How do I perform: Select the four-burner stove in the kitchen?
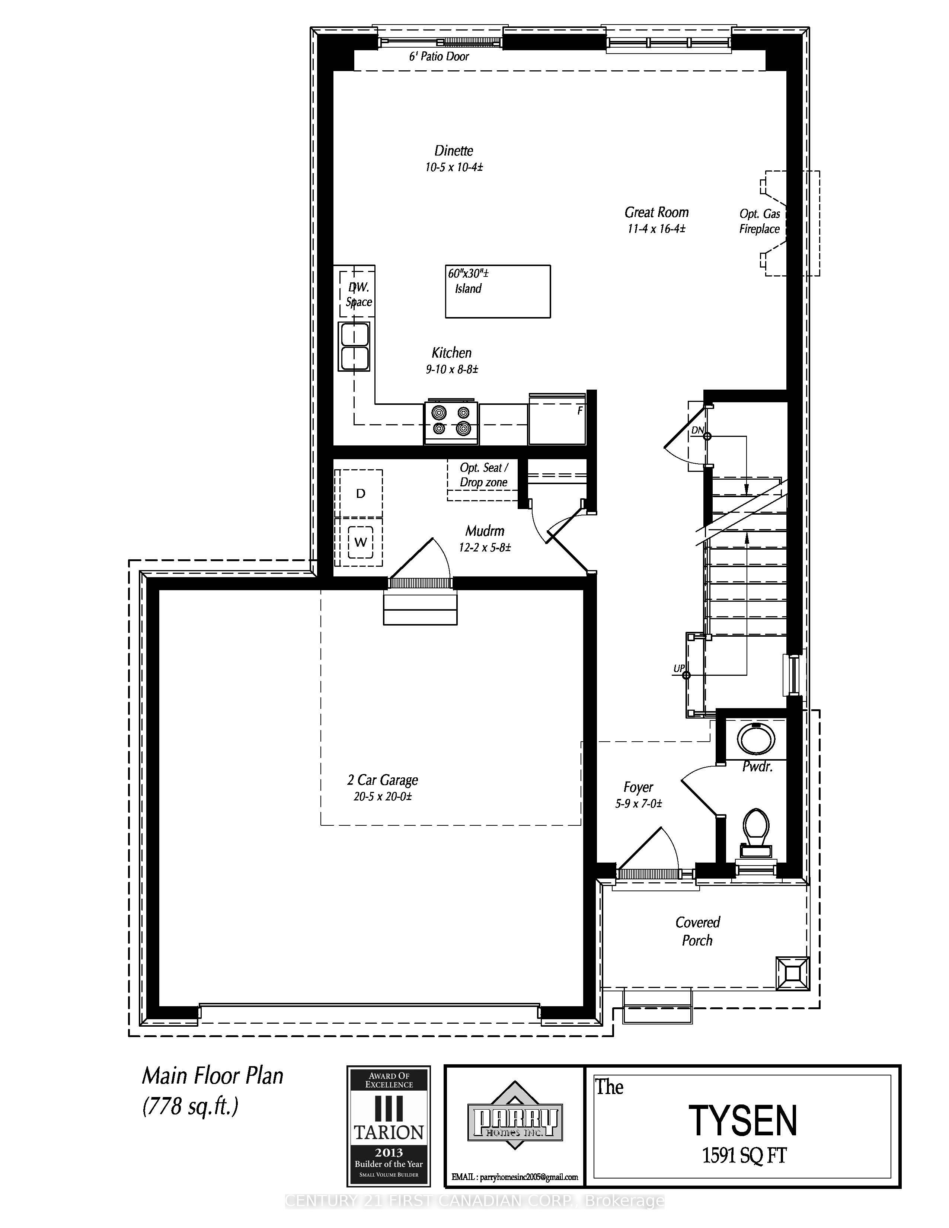coord(451,422)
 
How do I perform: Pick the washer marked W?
coord(360,542)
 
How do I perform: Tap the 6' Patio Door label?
coord(438,56)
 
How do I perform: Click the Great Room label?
coord(656,212)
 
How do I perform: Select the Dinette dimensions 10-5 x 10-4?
coord(454,167)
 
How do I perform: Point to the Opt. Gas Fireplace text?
coord(760,221)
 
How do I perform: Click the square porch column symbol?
coord(793,973)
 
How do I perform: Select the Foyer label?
coord(638,787)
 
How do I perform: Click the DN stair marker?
coord(697,430)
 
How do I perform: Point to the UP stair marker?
coord(679,669)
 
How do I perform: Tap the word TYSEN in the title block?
coord(743,1120)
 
